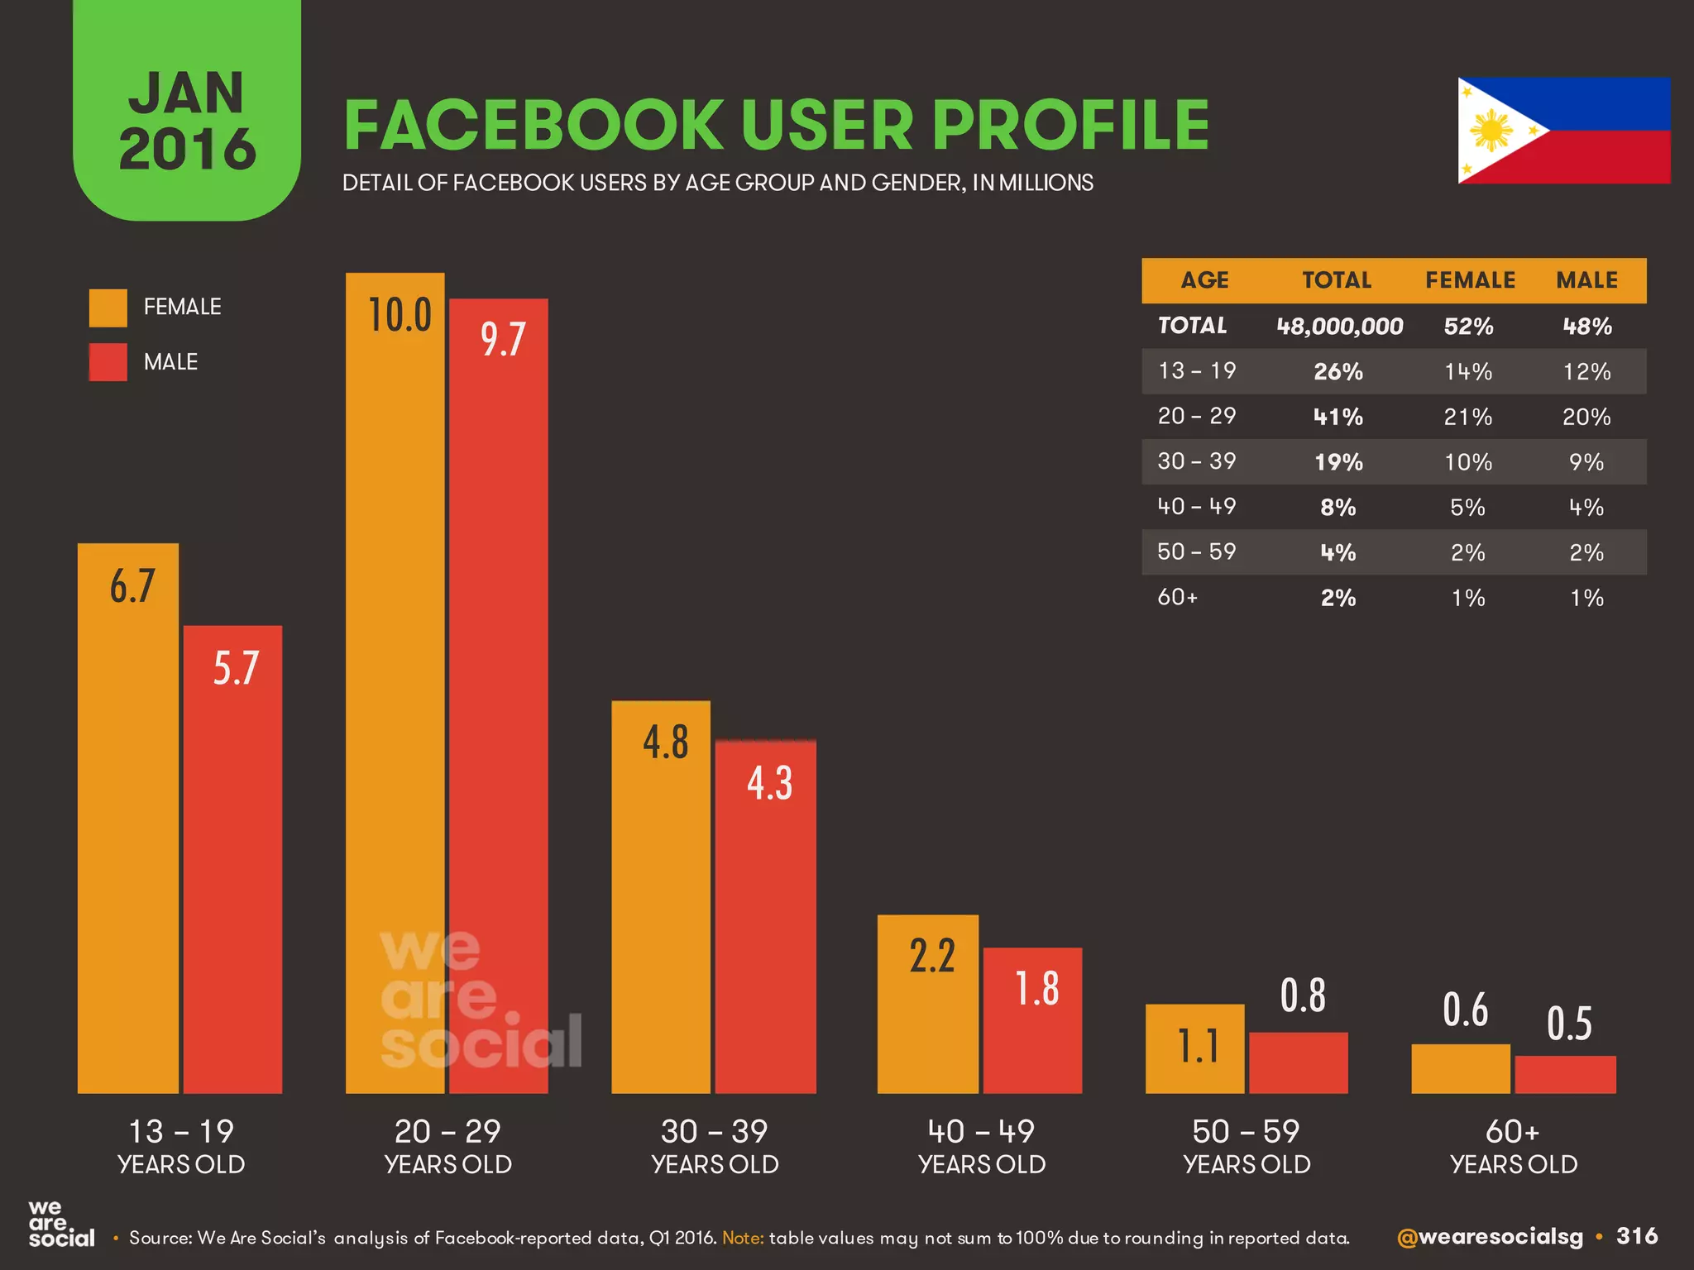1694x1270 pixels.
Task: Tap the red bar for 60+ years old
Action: click(x=1565, y=1074)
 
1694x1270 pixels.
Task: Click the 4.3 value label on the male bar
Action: click(x=769, y=783)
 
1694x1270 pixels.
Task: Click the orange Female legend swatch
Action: click(x=108, y=308)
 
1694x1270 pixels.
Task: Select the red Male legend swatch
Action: click(x=108, y=362)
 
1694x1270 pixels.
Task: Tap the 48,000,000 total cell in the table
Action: click(x=1339, y=327)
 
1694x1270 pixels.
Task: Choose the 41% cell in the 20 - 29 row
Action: click(x=1338, y=417)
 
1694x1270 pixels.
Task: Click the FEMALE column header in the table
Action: click(x=1470, y=280)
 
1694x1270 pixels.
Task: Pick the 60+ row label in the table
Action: click(x=1177, y=597)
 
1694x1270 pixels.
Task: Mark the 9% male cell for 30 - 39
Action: click(x=1586, y=462)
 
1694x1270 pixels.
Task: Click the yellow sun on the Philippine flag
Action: click(x=1491, y=131)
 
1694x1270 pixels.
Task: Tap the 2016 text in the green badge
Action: click(x=188, y=149)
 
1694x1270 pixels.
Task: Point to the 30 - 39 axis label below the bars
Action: click(x=715, y=1131)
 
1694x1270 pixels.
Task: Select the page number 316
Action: click(x=1637, y=1236)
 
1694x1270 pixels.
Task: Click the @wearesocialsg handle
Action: click(x=1490, y=1237)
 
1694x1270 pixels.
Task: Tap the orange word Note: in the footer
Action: click(x=742, y=1238)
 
